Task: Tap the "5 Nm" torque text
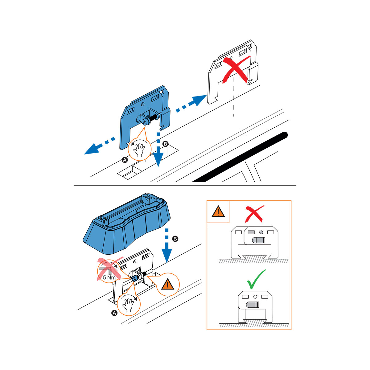pyautogui.click(x=109, y=277)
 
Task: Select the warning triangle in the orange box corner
pyautogui.click(x=218, y=212)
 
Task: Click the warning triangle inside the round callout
pyautogui.click(x=168, y=284)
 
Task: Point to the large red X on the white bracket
pyautogui.click(x=236, y=70)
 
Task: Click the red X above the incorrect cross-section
pyautogui.click(x=254, y=214)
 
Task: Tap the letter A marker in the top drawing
pyautogui.click(x=125, y=160)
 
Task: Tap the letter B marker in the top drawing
pyautogui.click(x=165, y=144)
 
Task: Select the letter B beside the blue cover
pyautogui.click(x=175, y=239)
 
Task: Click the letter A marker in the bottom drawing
pyautogui.click(x=114, y=313)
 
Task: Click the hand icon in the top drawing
pyautogui.click(x=139, y=150)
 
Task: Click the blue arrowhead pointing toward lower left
pyautogui.click(x=92, y=149)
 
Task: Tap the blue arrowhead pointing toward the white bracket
pyautogui.click(x=199, y=100)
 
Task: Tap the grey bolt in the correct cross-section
pyautogui.click(x=253, y=305)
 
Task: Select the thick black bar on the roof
pyautogui.click(x=240, y=157)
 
